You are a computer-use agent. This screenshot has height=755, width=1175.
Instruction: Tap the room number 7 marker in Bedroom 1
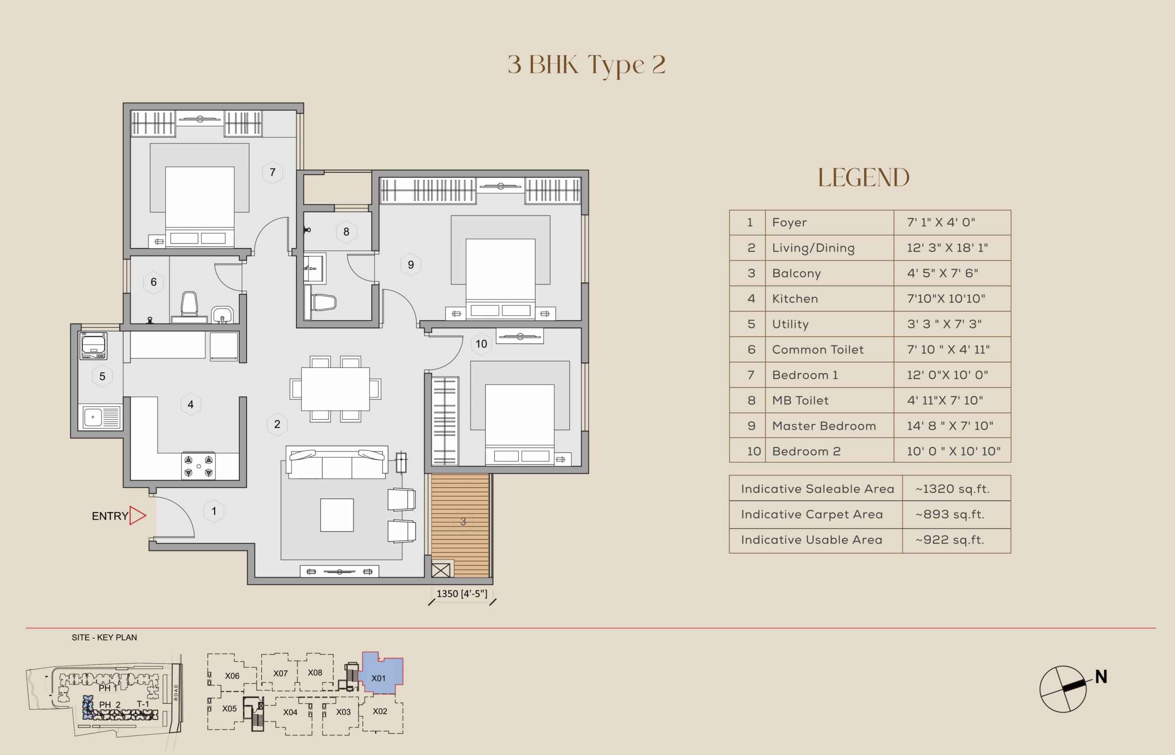[273, 172]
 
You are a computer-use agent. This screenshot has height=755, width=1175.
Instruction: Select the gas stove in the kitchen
[198, 466]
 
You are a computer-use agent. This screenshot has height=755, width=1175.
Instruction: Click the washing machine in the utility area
[93, 346]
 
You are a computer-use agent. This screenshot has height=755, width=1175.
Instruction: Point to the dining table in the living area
[335, 389]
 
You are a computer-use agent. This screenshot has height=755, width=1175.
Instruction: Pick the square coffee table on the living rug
[337, 515]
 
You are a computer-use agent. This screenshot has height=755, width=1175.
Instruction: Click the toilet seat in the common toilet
[190, 305]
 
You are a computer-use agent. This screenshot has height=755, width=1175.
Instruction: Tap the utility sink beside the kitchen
[101, 417]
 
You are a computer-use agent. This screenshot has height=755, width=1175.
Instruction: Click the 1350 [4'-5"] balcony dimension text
[462, 594]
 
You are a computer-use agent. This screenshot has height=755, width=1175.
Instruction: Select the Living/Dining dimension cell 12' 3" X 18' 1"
[947, 248]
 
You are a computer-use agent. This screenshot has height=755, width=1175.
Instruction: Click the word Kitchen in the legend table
[795, 299]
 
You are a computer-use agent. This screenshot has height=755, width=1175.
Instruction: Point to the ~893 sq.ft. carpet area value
[950, 514]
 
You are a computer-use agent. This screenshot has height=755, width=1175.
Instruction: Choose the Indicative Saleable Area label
[817, 489]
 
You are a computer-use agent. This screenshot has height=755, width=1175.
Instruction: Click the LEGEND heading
[863, 178]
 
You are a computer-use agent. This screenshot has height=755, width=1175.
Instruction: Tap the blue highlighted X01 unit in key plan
[381, 674]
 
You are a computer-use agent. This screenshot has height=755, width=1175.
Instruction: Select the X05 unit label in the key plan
[229, 708]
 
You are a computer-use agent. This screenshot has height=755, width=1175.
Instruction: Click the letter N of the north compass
[1101, 677]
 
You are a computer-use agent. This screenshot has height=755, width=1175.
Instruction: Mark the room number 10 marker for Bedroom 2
[481, 344]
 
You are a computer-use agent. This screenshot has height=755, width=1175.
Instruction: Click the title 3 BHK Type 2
[587, 65]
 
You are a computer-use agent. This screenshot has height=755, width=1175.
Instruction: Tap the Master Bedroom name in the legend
[824, 426]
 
